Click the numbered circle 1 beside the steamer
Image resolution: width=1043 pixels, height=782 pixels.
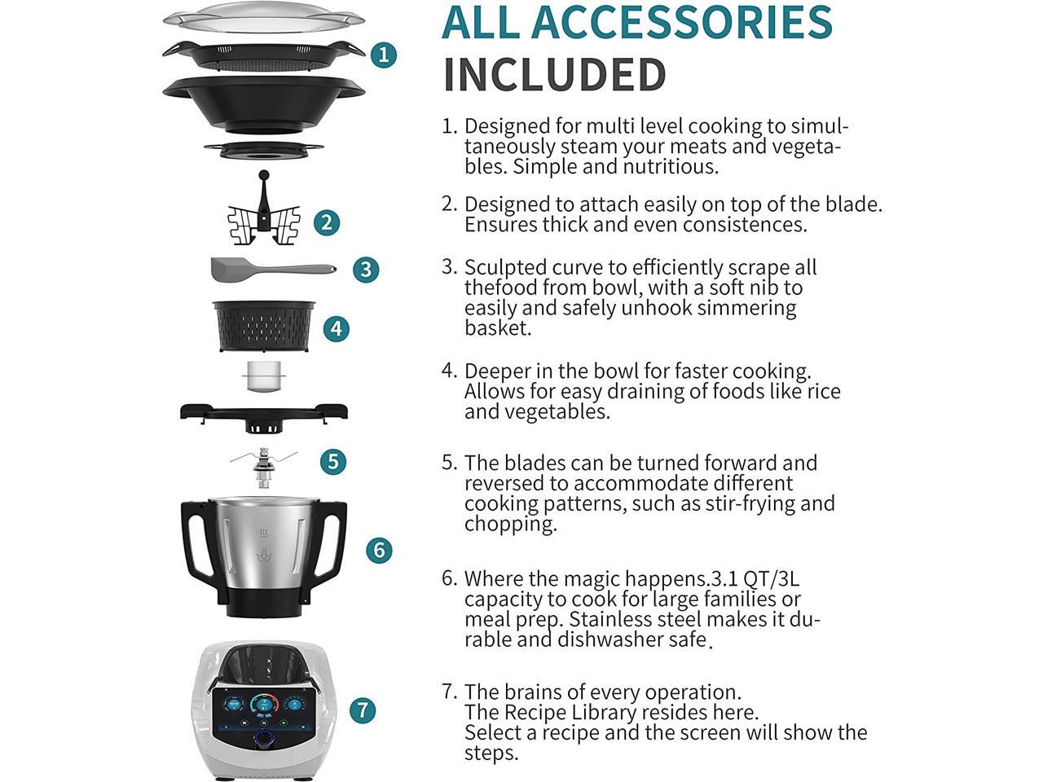[x=383, y=55]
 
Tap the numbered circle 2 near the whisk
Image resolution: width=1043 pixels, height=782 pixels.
[x=327, y=222]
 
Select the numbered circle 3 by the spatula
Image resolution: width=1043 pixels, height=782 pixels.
[x=366, y=269]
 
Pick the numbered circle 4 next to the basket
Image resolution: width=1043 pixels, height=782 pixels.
[x=336, y=328]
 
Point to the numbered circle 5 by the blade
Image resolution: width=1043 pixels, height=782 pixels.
[x=332, y=461]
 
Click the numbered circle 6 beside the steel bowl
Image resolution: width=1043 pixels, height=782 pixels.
[x=379, y=550]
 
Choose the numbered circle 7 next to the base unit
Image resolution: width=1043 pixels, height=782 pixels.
[x=363, y=710]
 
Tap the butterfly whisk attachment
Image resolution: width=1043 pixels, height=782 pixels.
[x=263, y=216]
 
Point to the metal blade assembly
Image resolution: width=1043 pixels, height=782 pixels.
[x=262, y=468]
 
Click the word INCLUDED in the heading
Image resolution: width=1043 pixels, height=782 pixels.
[x=554, y=75]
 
